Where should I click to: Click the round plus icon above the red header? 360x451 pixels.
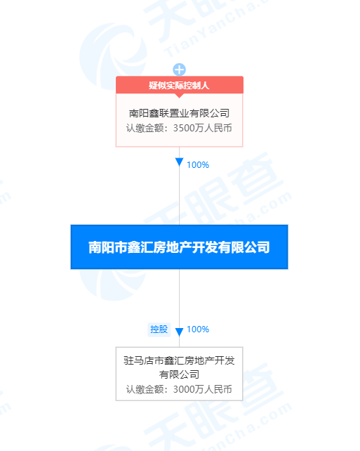179,70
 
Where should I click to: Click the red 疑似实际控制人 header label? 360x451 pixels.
179,85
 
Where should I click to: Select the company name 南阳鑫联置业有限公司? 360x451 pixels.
179,113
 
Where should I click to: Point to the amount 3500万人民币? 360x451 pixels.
202,128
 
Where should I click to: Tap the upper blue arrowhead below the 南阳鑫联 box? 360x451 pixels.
179,162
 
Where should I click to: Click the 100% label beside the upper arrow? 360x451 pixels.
198,165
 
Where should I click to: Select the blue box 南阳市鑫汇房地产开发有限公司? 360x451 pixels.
179,247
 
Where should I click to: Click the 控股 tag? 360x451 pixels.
159,329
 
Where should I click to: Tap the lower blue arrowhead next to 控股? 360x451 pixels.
179,332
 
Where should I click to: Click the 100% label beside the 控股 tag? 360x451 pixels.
198,329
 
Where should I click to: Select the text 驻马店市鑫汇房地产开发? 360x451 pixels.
179,360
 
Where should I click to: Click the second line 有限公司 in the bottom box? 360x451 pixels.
179,374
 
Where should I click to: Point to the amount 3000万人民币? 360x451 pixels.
202,389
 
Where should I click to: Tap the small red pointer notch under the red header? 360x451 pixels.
179,96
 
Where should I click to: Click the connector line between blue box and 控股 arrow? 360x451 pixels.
179,299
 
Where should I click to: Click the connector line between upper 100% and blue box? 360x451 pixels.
179,195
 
